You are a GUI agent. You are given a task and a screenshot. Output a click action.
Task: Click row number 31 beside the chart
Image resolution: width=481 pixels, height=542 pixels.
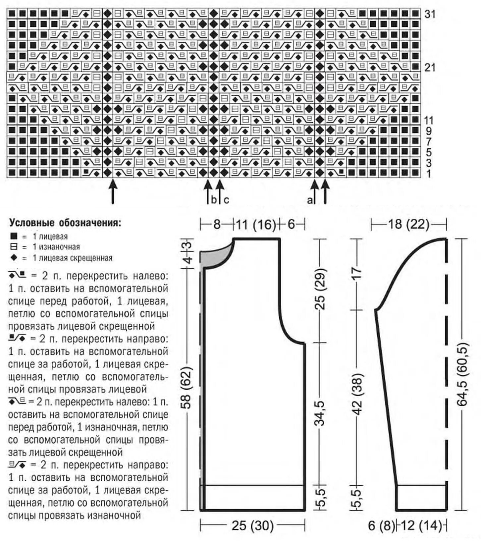(430, 14)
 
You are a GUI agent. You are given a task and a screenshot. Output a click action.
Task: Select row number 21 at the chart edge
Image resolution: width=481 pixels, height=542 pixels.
(430, 68)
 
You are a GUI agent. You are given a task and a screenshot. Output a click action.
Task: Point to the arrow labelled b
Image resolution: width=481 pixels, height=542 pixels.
(208, 191)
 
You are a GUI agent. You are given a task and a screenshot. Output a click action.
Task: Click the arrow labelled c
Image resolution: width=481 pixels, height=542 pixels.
(219, 191)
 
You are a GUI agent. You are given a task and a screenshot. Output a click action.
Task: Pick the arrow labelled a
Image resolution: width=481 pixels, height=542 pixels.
(315, 191)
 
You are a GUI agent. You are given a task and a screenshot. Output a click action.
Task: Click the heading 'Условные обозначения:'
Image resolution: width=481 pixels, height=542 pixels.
(65, 223)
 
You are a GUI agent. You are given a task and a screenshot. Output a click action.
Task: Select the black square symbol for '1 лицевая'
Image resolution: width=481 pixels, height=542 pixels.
(14, 236)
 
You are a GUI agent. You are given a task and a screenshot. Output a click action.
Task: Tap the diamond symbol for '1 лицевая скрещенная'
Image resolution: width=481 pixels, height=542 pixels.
(14, 258)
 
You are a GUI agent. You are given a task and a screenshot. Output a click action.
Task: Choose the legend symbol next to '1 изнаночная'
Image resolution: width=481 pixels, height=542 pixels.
(14, 247)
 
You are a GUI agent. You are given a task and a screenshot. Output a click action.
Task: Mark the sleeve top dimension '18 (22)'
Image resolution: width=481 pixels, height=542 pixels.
(409, 225)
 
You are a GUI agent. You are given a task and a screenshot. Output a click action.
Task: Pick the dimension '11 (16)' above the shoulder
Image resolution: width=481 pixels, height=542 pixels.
(256, 225)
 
